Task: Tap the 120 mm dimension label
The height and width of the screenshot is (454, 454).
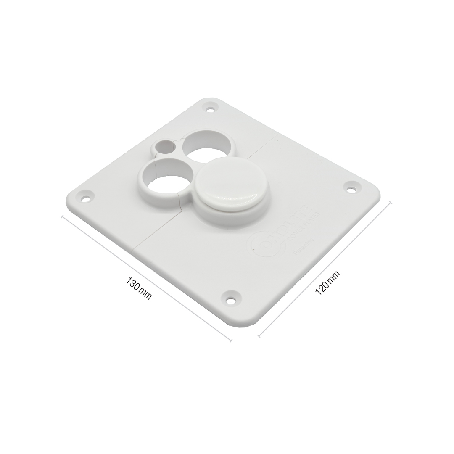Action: (327, 283)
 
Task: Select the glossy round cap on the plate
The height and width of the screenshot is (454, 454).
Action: (227, 182)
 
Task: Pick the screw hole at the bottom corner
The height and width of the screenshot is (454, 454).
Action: (230, 300)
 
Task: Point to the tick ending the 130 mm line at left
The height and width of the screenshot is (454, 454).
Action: (63, 217)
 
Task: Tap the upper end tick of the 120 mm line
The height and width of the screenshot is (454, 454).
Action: (391, 203)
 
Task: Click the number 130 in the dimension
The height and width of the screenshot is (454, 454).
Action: (133, 284)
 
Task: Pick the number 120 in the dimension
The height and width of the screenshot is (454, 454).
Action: (322, 288)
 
